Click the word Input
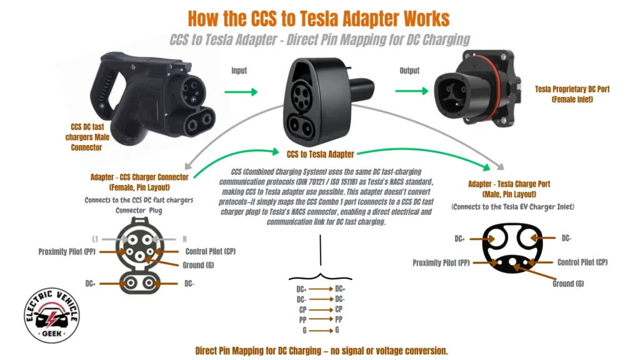240,71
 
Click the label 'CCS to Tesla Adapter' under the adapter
320,154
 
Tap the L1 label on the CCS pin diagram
96,238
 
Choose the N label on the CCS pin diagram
185,238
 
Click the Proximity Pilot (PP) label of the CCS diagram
66,251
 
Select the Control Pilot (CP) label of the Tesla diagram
582,262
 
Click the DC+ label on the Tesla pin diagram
459,238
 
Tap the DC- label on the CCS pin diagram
190,283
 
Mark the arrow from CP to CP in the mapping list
321,309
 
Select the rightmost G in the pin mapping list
337,329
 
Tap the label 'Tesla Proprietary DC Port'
572,89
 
